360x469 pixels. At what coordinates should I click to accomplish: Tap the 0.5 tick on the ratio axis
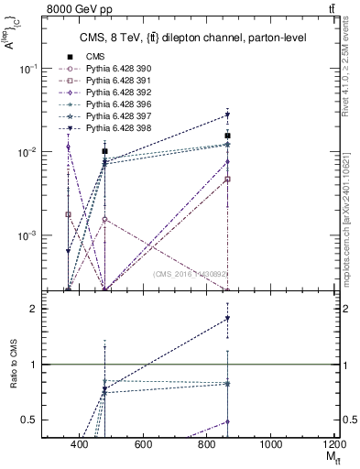[x=53, y=420]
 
